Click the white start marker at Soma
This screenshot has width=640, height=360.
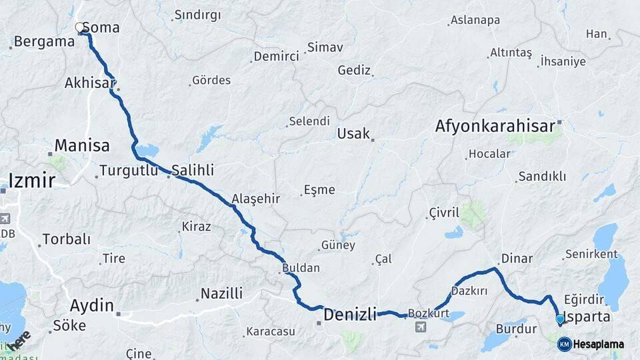pyautogui.click(x=80, y=28)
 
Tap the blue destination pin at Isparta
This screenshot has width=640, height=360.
pyautogui.click(x=559, y=319)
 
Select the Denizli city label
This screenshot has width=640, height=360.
pyautogui.click(x=350, y=313)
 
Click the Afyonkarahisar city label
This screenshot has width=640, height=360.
pyautogui.click(x=495, y=126)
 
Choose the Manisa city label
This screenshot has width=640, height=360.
pyautogui.click(x=81, y=145)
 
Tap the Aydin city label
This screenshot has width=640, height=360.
pyautogui.click(x=92, y=306)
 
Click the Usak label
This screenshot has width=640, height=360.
pyautogui.click(x=353, y=133)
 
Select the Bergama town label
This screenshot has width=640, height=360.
pyautogui.click(x=44, y=41)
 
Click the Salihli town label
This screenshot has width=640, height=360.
pyautogui.click(x=193, y=169)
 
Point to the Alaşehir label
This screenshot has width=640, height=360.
pyautogui.click(x=255, y=199)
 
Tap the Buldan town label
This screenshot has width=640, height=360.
pyautogui.click(x=301, y=268)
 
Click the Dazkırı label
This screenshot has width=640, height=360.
pyautogui.click(x=469, y=291)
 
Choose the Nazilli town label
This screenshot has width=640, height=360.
pyautogui.click(x=221, y=293)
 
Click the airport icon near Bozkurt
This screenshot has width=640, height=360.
pyautogui.click(x=421, y=327)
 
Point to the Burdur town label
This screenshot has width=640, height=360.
pyautogui.click(x=516, y=329)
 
